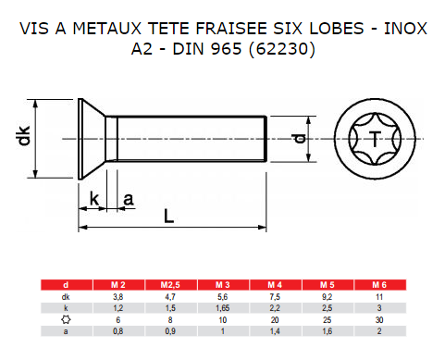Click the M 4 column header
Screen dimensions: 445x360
tap(275, 285)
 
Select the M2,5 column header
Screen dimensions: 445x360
tap(170, 285)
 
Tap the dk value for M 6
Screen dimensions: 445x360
tap(379, 297)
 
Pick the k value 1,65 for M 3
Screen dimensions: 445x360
tap(222, 308)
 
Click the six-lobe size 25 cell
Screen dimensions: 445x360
tap(327, 320)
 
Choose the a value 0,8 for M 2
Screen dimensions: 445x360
tap(117, 331)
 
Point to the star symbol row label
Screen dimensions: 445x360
tap(66, 319)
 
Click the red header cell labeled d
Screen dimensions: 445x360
tap(66, 285)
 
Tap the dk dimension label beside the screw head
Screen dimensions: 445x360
tap(23, 135)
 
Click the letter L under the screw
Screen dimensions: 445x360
tap(168, 216)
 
